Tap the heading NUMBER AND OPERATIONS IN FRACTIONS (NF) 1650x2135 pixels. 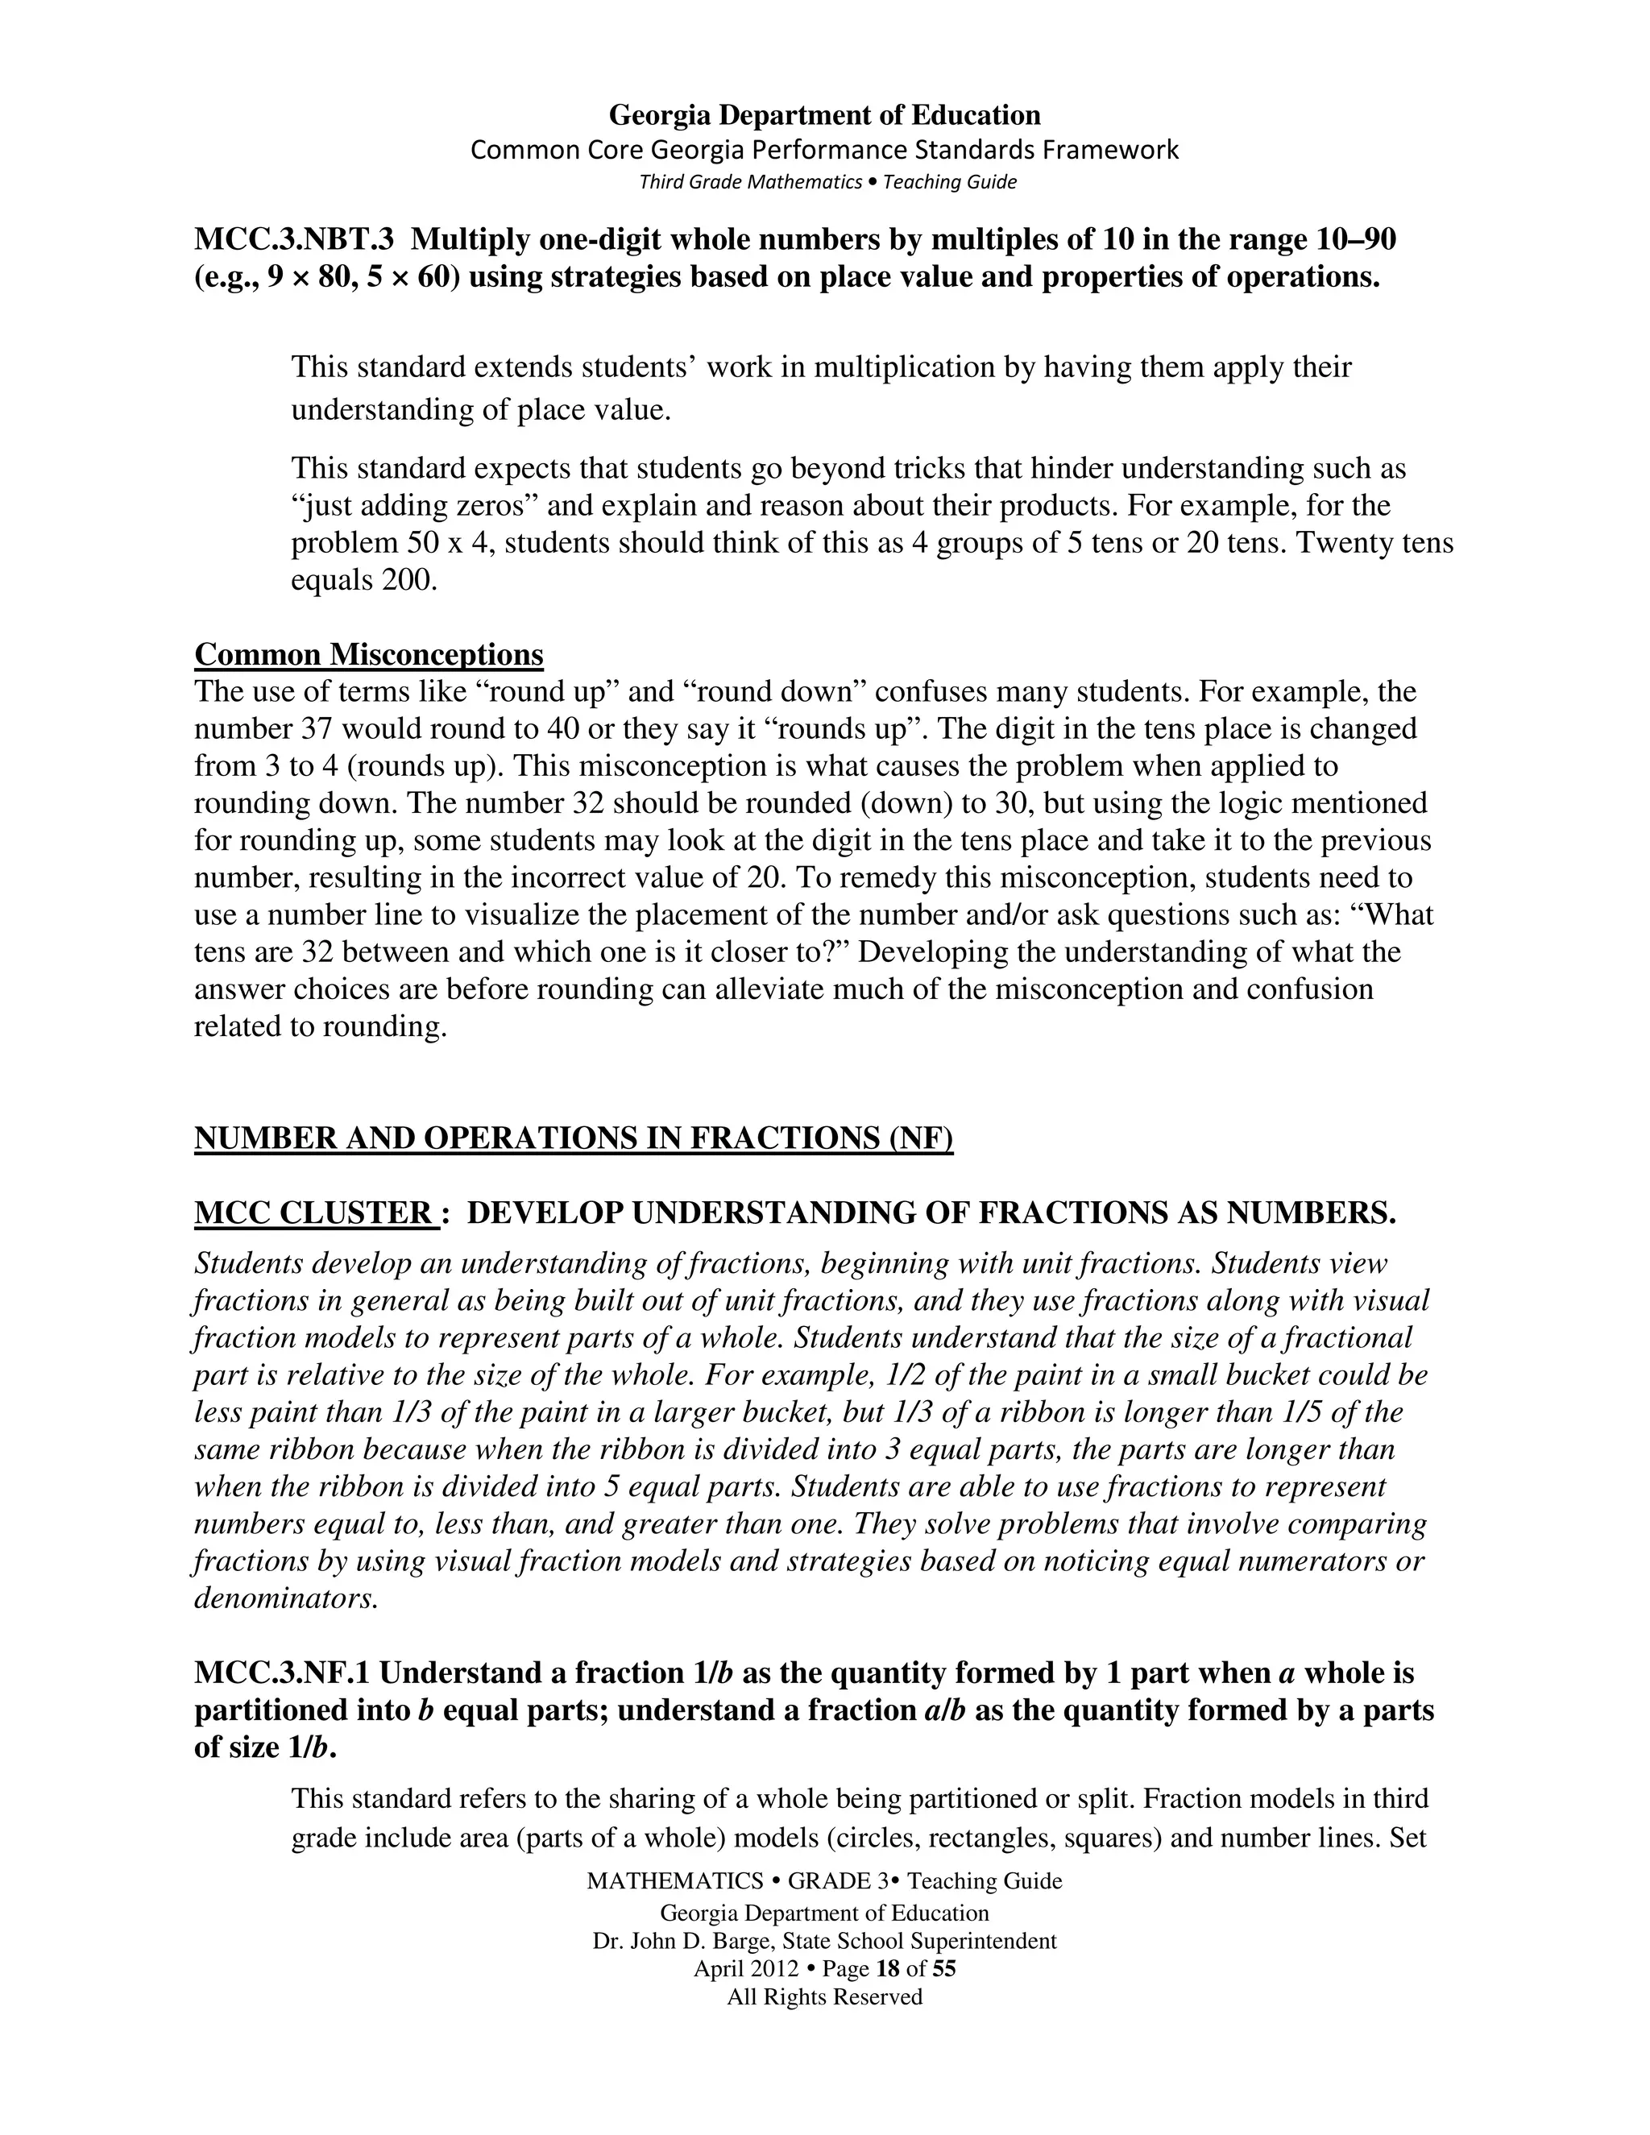[x=573, y=1138]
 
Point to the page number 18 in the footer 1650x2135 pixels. [x=888, y=1969]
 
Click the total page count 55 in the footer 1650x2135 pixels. [x=943, y=1969]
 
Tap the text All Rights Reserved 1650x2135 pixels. [x=824, y=1996]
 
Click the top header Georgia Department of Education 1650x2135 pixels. [x=824, y=115]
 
